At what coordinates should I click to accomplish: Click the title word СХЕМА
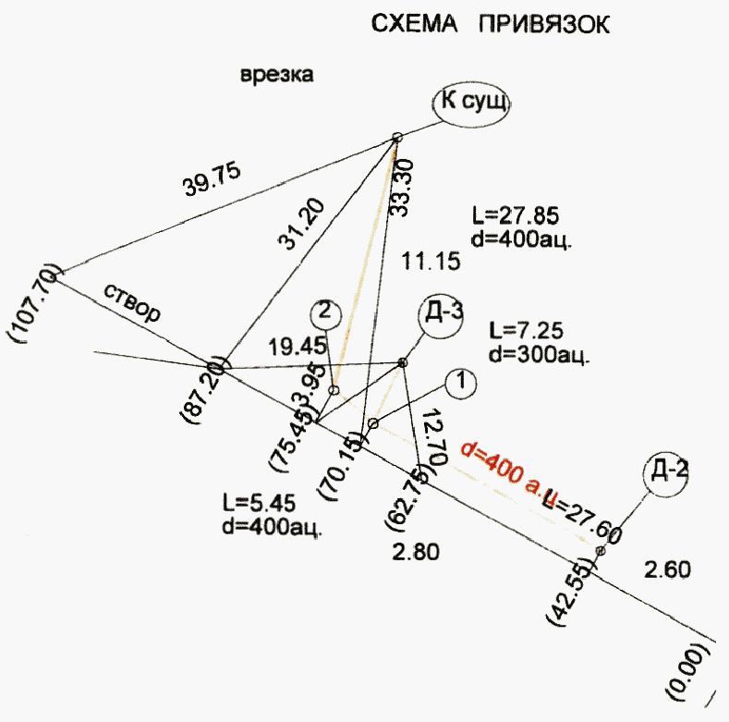(413, 24)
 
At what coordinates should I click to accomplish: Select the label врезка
(276, 76)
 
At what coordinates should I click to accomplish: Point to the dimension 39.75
(212, 178)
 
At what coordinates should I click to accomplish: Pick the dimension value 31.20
(300, 226)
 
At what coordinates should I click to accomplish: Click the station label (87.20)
(207, 388)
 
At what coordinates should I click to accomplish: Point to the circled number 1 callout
(460, 381)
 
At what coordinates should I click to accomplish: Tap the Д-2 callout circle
(666, 471)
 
